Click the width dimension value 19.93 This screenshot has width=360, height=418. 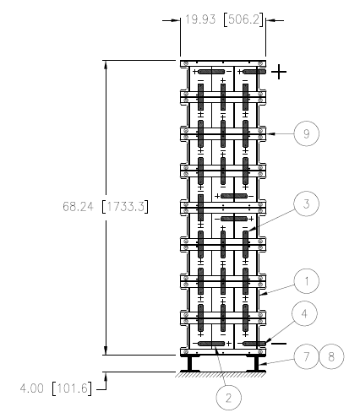point(200,19)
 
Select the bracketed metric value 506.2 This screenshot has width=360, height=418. point(243,19)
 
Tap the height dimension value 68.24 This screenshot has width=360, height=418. point(78,207)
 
